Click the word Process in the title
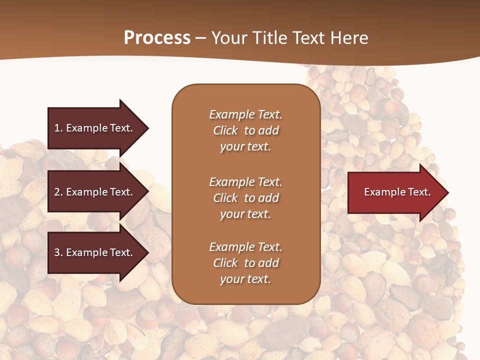click(x=157, y=38)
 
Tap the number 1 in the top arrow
click(x=57, y=128)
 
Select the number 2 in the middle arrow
click(x=57, y=192)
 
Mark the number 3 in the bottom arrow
click(x=57, y=252)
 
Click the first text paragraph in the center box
click(x=245, y=130)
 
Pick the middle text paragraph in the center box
click(x=245, y=198)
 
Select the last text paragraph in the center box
click(x=245, y=263)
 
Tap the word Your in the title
click(x=228, y=38)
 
